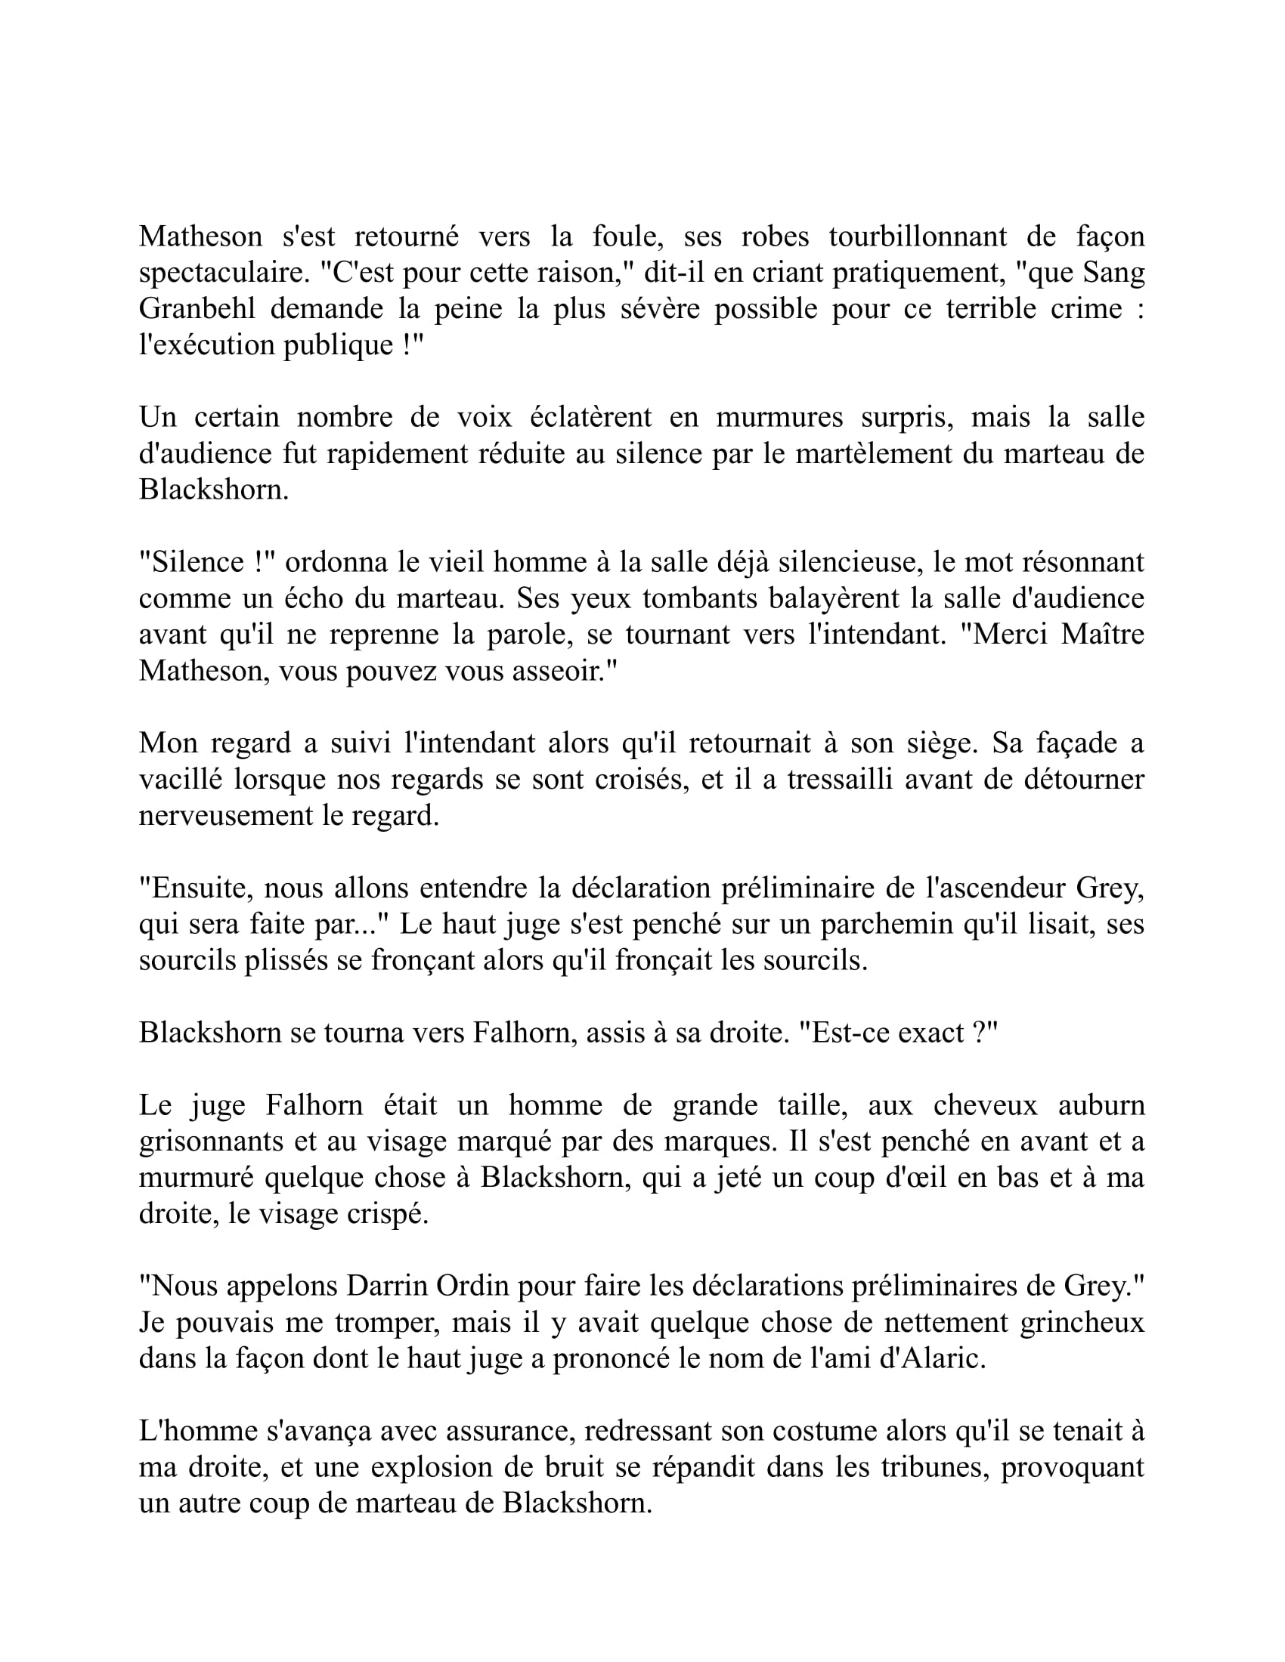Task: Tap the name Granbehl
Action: [197, 309]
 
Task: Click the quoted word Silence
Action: [199, 562]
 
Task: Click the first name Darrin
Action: [388, 1286]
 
